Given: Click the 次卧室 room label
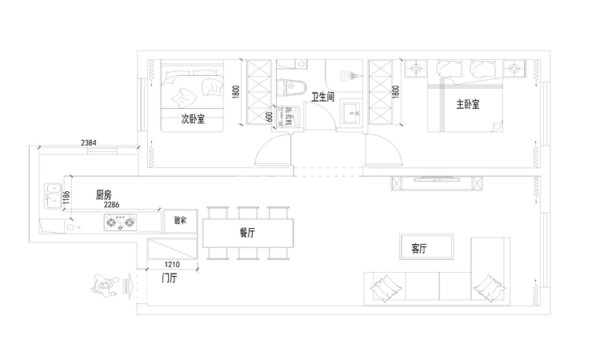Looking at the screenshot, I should tap(193, 119).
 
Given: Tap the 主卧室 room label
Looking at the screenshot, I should tap(468, 104).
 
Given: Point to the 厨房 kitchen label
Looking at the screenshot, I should tap(103, 194).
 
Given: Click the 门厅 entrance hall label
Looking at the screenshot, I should tap(169, 278).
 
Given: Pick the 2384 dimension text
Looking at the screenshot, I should tap(90, 142).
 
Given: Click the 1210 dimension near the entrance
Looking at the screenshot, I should tap(172, 264).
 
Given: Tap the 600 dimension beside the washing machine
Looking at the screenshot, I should tap(270, 116).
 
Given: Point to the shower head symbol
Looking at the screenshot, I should tap(349, 77).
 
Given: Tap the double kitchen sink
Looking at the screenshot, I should tap(52, 195).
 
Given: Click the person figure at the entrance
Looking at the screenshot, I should tap(104, 286).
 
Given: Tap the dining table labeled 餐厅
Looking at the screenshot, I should tap(247, 233).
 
